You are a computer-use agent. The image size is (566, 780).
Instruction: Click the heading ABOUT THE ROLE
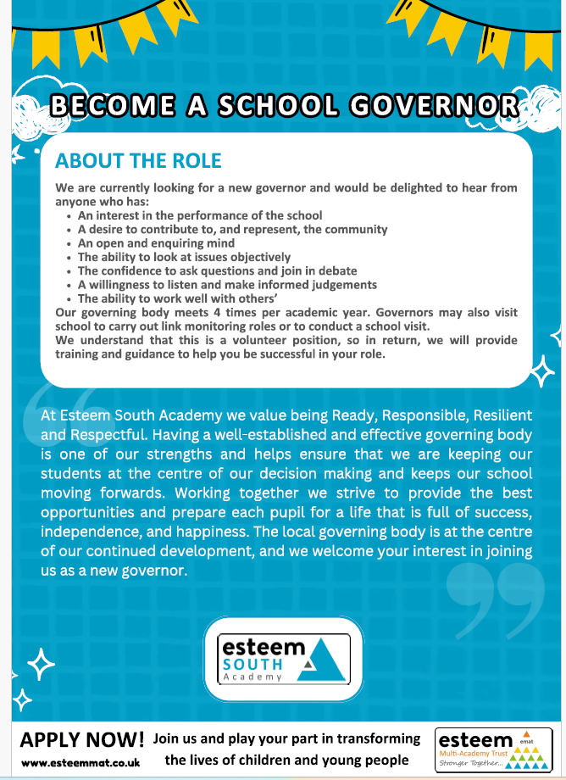click(138, 161)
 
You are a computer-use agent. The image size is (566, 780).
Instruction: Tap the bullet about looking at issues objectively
click(184, 257)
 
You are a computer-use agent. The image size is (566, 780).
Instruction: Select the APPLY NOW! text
click(82, 738)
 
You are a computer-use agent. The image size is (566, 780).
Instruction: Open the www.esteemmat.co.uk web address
click(81, 762)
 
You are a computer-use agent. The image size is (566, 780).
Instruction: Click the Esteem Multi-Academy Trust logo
click(494, 748)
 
